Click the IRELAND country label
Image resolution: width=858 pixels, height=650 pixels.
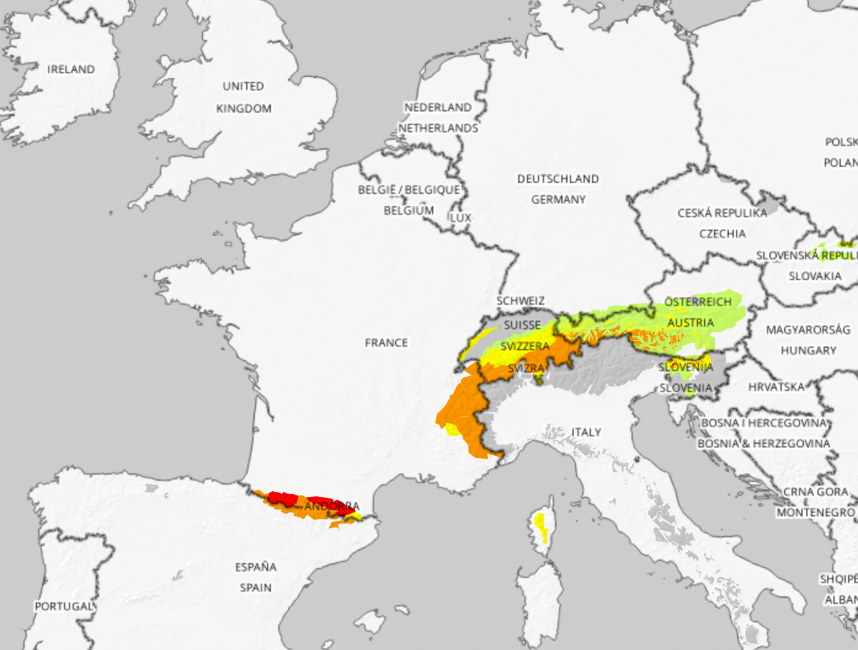(x=71, y=70)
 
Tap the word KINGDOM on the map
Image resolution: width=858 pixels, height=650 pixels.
(x=243, y=109)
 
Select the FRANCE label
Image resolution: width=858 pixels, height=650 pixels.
(x=386, y=343)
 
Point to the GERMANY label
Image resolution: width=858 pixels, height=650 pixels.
(x=558, y=199)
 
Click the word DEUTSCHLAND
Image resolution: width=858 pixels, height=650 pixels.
(x=558, y=179)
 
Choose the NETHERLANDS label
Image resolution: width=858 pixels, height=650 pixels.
(x=438, y=128)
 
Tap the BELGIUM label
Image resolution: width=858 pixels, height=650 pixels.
(x=409, y=211)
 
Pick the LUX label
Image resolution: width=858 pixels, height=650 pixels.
(x=460, y=218)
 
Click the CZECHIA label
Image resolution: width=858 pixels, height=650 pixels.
(x=722, y=234)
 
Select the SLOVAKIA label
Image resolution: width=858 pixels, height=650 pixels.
(x=815, y=276)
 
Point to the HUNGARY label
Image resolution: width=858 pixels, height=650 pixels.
(x=808, y=351)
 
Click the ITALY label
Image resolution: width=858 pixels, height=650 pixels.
(x=586, y=432)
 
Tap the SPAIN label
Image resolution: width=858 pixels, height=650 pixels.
(x=255, y=588)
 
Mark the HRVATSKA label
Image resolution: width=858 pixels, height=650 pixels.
(x=776, y=387)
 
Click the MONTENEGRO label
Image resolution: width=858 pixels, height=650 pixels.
(x=816, y=513)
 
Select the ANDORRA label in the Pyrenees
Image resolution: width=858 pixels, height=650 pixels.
(x=332, y=506)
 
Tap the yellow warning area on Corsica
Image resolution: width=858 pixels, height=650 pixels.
(x=541, y=527)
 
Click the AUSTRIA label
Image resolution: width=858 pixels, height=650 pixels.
(x=691, y=323)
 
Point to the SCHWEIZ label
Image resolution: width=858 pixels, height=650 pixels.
(x=521, y=301)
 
